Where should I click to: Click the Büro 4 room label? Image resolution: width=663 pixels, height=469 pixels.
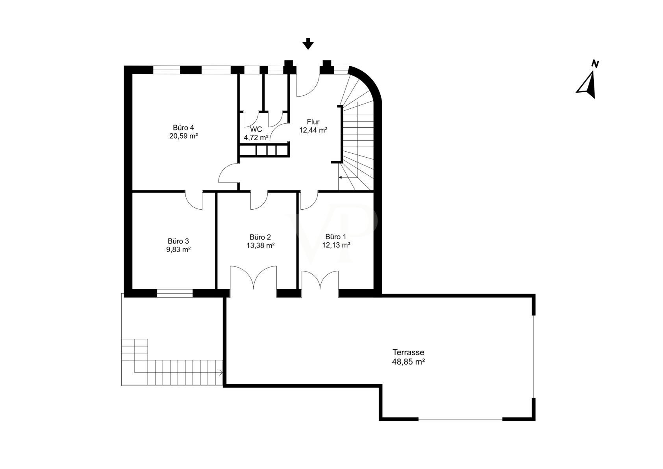tap(183, 128)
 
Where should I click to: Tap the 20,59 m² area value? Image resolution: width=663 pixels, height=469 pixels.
tap(183, 136)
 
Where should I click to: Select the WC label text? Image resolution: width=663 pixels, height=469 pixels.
tap(256, 129)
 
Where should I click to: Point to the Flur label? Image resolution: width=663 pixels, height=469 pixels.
tap(313, 122)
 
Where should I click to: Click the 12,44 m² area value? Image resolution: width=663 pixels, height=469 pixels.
tap(313, 130)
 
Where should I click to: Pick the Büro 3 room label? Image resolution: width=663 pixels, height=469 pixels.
tap(178, 241)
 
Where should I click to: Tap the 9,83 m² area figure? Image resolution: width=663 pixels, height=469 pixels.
tap(178, 249)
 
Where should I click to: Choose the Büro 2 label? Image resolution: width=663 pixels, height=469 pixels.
tap(260, 237)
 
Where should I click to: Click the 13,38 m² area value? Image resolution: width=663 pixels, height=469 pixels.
tap(261, 245)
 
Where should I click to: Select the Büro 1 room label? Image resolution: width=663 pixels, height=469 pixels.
tap(336, 237)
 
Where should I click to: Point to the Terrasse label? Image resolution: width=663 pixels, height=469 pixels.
tap(408, 352)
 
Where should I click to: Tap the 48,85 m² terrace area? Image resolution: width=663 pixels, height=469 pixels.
tap(408, 361)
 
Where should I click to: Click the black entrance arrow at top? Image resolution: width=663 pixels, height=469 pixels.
tap(308, 44)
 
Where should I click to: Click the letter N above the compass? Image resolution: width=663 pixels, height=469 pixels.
tap(595, 64)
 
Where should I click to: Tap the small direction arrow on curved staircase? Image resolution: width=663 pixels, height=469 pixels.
tap(348, 177)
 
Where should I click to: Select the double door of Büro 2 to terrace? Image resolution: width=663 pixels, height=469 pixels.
tap(254, 277)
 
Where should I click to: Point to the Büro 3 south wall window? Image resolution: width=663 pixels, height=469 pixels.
tap(175, 293)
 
